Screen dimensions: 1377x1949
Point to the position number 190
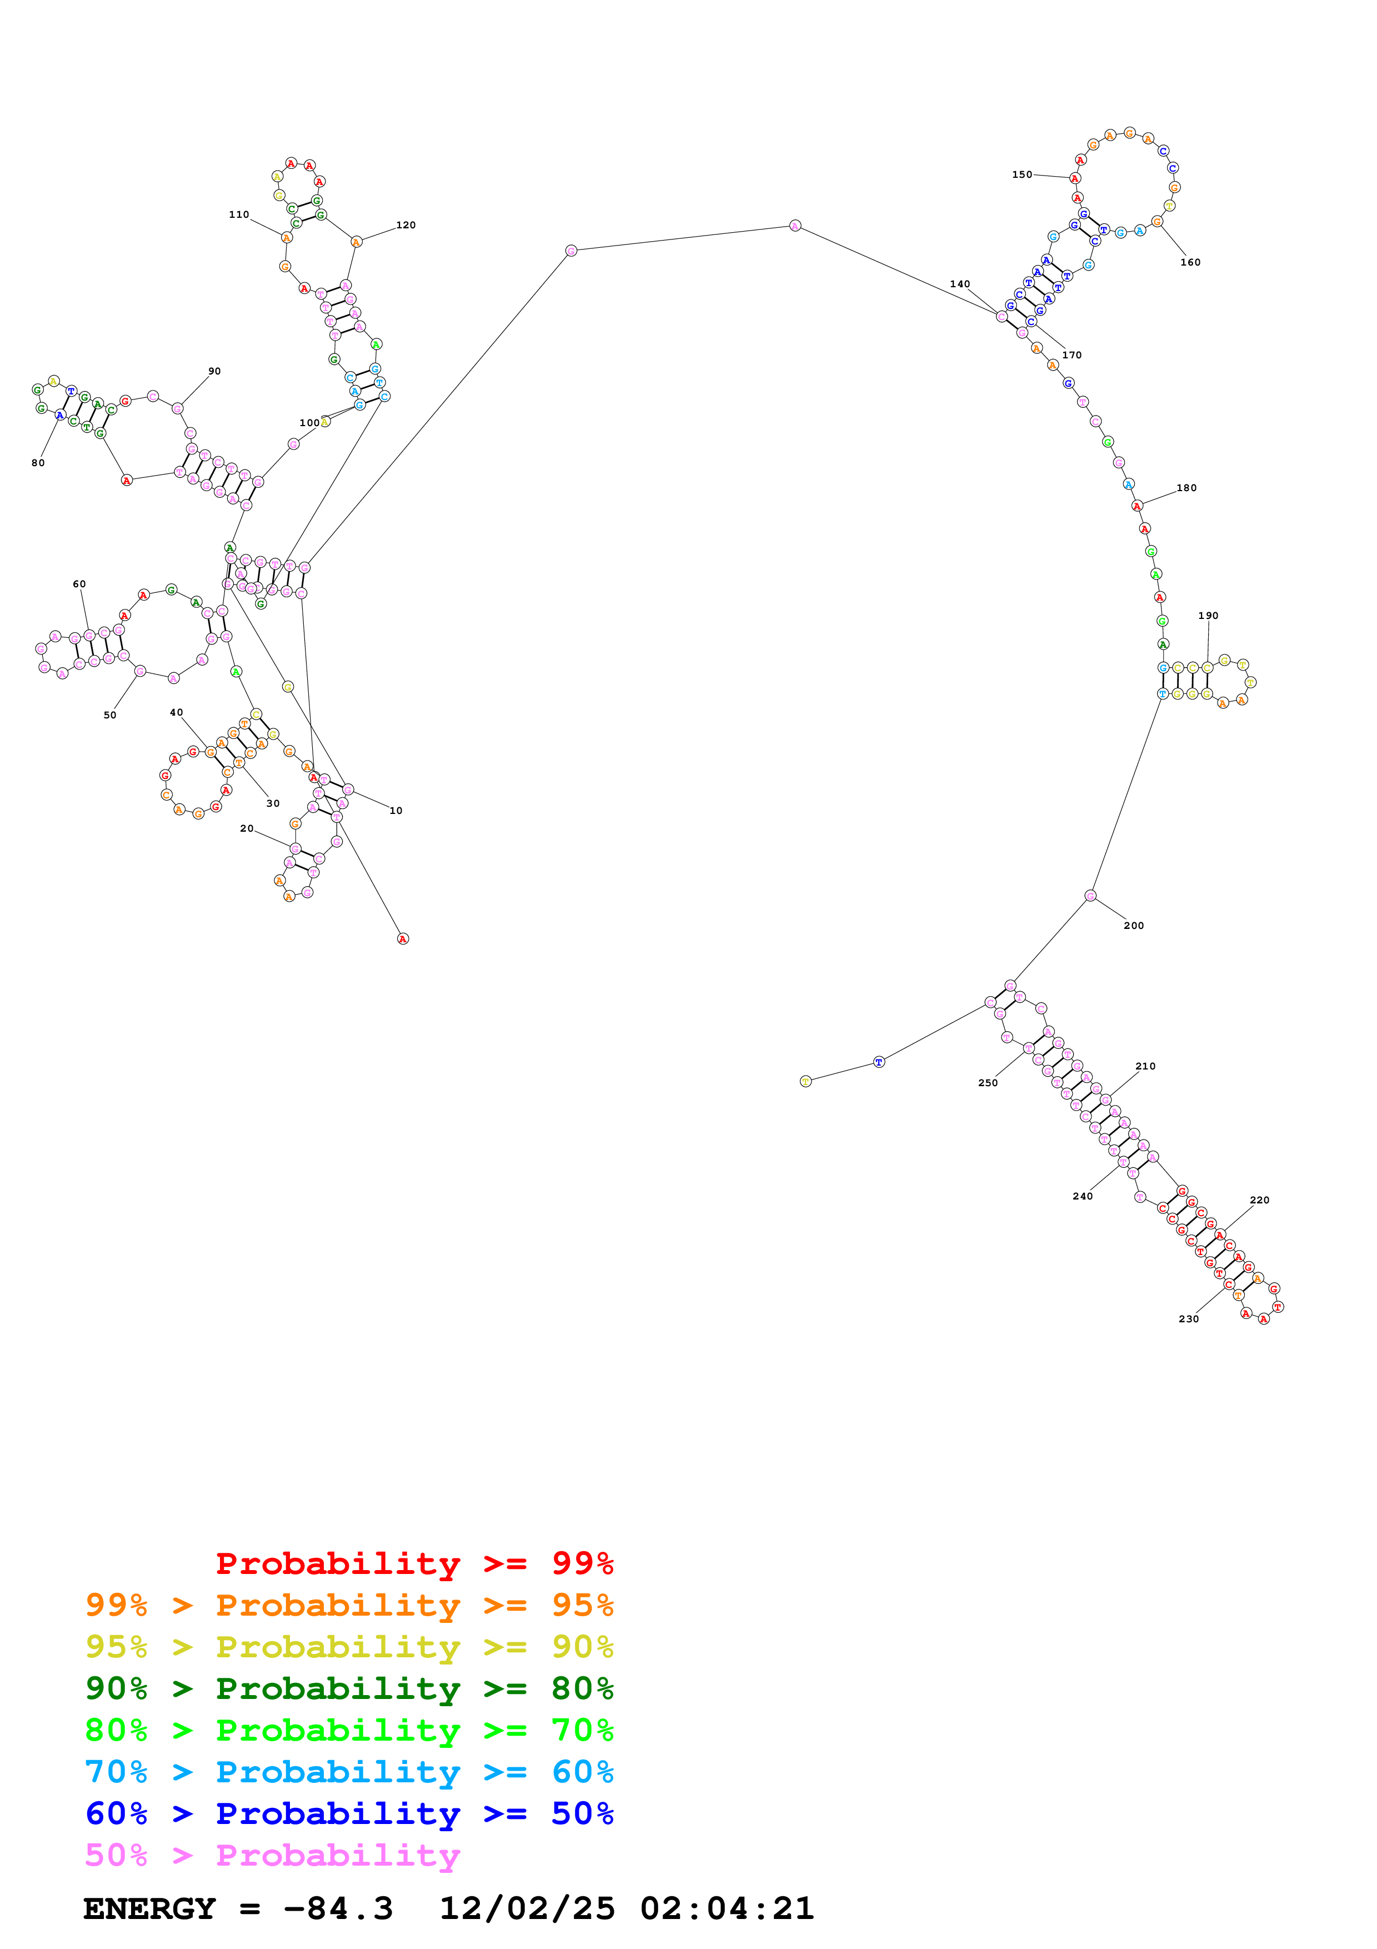(1208, 616)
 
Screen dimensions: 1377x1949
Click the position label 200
(1134, 925)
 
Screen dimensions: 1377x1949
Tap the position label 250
(988, 1082)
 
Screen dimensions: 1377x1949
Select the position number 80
(38, 463)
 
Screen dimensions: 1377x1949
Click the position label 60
(79, 584)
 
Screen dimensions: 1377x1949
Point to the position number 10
(395, 811)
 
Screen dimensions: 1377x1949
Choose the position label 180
(1186, 488)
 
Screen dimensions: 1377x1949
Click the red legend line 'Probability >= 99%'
(414, 1563)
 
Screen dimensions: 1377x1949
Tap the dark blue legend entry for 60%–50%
(349, 1813)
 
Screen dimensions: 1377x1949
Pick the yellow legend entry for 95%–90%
(349, 1646)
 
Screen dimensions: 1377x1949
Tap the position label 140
(960, 284)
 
